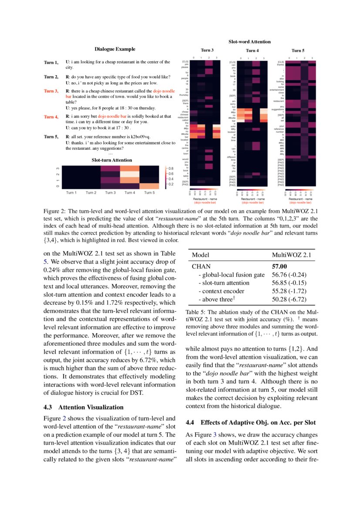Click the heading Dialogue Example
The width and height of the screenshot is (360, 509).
[115, 49]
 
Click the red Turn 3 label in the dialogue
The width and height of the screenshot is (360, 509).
[51, 91]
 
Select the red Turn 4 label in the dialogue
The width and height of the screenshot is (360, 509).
[51, 117]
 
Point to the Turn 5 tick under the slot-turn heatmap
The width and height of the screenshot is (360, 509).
[149, 192]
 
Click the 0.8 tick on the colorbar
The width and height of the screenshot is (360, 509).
[171, 168]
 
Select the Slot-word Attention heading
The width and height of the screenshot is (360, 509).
[249, 42]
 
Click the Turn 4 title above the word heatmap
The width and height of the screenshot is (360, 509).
[252, 51]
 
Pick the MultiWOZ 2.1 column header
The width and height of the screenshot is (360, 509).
[291, 255]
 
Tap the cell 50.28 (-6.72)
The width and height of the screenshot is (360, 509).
[289, 300]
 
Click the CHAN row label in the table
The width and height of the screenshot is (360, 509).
[201, 266]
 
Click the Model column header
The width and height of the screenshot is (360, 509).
[201, 255]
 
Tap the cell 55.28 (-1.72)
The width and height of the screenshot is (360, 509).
[289, 291]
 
